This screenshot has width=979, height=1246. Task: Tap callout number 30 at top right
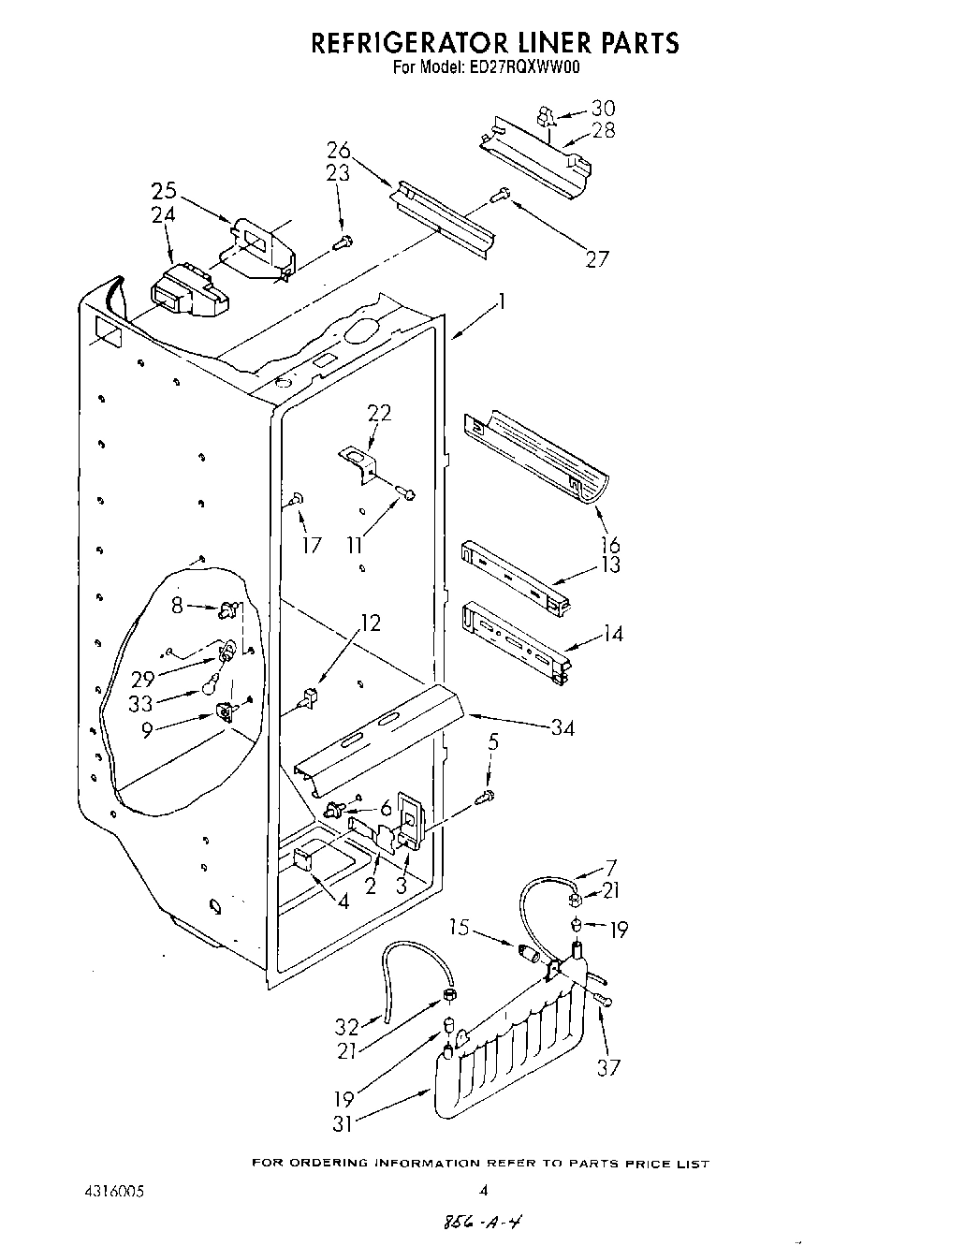pos(604,109)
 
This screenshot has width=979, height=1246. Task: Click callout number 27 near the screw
pos(598,259)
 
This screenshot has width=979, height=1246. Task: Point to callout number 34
pos(562,727)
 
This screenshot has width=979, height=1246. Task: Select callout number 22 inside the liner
pos(379,413)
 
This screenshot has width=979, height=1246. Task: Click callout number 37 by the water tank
pos(608,1066)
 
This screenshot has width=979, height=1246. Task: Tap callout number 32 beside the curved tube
pos(347,1026)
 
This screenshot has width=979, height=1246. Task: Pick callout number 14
pos(612,634)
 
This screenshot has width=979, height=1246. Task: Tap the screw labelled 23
pos(342,243)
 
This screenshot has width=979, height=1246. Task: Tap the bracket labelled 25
pos(257,246)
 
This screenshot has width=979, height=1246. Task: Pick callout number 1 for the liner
pos(502,301)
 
